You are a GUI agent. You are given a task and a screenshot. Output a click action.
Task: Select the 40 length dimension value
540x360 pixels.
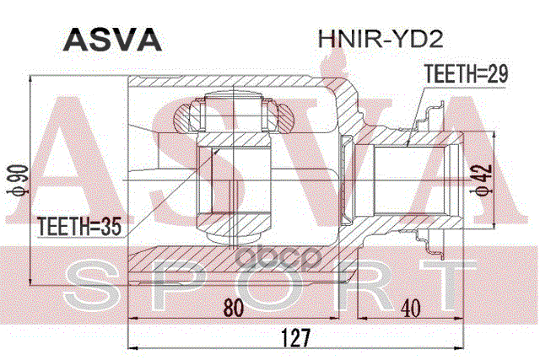point(411,309)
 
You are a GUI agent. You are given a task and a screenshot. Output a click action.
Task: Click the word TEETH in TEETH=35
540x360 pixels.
point(59,226)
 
